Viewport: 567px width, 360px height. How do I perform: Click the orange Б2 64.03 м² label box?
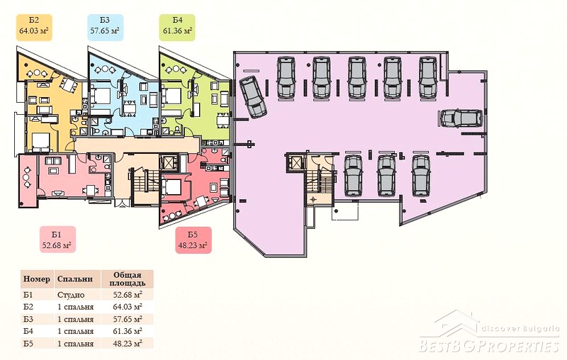pos(34,27)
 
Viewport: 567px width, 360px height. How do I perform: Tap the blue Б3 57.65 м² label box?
pos(105,27)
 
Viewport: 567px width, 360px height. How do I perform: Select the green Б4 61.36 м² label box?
pos(177,27)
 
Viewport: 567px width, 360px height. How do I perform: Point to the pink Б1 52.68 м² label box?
pos(57,240)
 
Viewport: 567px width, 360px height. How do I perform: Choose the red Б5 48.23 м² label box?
pos(193,240)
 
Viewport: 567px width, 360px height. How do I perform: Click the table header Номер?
pos(37,279)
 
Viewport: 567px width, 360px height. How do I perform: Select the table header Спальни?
pos(75,279)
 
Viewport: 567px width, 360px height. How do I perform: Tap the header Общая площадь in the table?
pos(128,279)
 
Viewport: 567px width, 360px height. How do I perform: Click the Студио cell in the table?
pos(71,295)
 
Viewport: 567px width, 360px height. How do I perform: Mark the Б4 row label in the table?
pos(28,331)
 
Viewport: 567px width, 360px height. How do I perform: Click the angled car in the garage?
pos(253,97)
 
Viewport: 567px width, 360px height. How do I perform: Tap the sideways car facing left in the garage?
pos(461,118)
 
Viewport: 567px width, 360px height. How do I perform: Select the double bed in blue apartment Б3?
pos(101,95)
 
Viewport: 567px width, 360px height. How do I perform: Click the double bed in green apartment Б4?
pos(172,95)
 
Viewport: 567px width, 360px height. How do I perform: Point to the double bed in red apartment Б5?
pos(172,187)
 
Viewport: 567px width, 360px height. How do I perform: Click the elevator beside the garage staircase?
pos(294,161)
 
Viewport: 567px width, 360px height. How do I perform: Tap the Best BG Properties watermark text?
pos(489,345)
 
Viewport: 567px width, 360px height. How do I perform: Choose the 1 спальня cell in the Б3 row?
pos(75,319)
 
